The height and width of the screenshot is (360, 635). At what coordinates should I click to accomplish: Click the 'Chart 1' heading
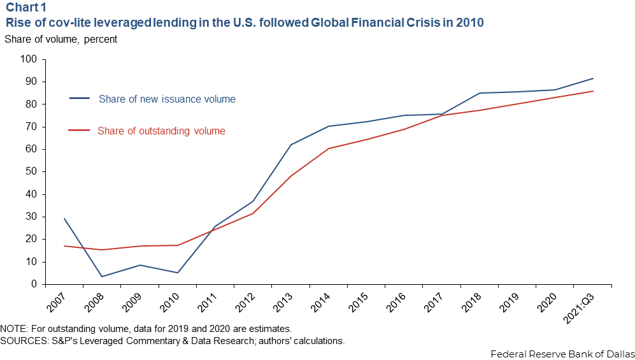tap(26, 8)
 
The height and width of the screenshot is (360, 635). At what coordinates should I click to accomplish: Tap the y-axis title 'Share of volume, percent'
tap(61, 39)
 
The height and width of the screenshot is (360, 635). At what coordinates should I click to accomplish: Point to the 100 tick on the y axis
tap(29, 59)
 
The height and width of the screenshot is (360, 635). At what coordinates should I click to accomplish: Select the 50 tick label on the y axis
tap(32, 171)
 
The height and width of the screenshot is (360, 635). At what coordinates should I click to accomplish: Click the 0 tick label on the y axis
tap(34, 284)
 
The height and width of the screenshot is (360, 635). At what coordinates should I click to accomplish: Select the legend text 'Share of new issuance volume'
tap(167, 99)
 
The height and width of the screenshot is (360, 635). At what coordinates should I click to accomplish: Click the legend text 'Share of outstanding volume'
tap(161, 131)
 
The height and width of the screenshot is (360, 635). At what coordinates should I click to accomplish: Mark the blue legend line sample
tap(79, 98)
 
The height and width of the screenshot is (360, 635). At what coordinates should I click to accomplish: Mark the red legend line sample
tap(78, 131)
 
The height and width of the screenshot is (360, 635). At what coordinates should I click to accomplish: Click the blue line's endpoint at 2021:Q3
tap(593, 78)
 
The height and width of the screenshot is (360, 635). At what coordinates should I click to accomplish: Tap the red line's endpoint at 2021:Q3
tap(593, 91)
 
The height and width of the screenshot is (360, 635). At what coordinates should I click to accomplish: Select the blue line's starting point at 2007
tap(64, 219)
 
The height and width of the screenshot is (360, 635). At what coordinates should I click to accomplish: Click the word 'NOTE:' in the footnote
tap(15, 329)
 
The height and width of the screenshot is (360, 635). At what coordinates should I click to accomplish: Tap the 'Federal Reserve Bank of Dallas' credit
tap(562, 353)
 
